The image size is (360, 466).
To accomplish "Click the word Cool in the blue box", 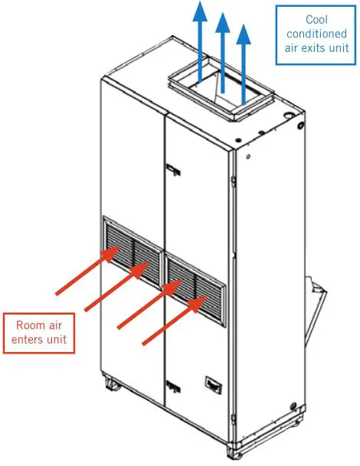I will (317, 19).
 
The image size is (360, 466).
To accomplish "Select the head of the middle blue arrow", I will (223, 19).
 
